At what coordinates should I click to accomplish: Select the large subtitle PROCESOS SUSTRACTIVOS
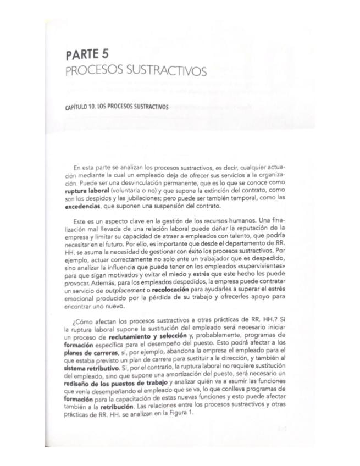coord(136,72)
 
